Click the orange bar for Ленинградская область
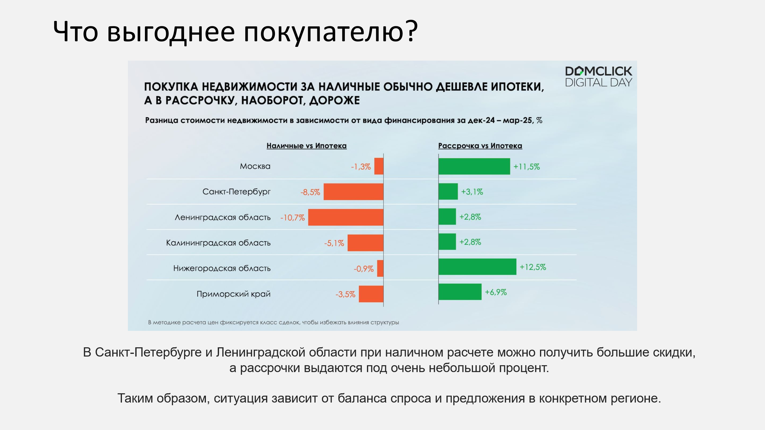[346, 217]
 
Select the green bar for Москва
[474, 166]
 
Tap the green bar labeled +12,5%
[477, 267]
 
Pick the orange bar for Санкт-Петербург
[354, 192]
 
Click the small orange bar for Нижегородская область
[380, 268]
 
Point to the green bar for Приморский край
[460, 292]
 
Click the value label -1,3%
[361, 167]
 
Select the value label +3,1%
[472, 192]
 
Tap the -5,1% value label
[334, 243]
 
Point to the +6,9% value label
[496, 292]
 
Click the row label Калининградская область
[218, 243]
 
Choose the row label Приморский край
[233, 294]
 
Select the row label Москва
[255, 166]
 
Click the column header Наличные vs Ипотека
[307, 146]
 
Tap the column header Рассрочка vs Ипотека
[480, 146]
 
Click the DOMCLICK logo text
[599, 71]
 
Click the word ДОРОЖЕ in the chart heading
[334, 101]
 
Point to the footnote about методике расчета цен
[273, 322]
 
